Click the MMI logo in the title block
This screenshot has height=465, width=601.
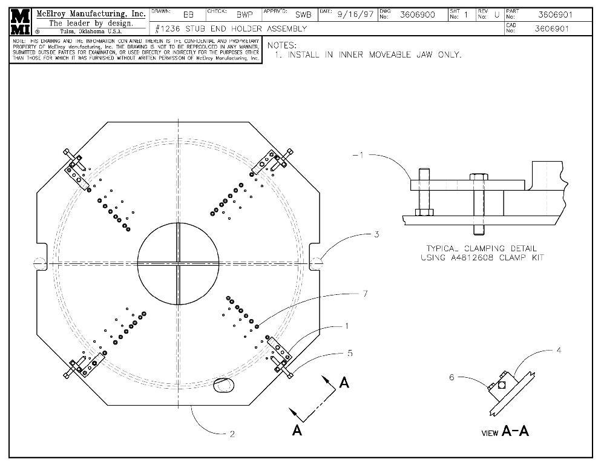point(22,22)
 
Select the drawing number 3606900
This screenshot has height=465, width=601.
point(417,15)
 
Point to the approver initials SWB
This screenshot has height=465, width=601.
point(303,15)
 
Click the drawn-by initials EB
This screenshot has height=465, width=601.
point(188,15)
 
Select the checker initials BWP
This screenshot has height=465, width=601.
point(244,15)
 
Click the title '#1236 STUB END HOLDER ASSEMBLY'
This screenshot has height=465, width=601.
point(231,28)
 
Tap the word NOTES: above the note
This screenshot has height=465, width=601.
point(282,45)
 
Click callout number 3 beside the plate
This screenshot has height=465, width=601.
point(376,234)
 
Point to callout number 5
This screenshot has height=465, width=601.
point(350,353)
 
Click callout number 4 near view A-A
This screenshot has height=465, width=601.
point(559,350)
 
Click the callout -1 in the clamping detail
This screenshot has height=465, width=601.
point(358,155)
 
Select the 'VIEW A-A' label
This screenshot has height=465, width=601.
point(505,432)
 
